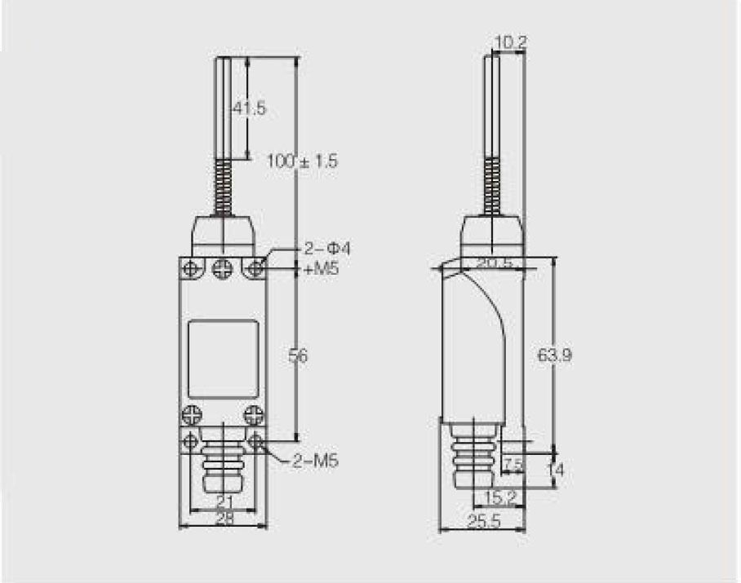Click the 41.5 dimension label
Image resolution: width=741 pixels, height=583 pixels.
click(x=250, y=108)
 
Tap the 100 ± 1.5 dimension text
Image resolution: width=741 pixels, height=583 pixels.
click(x=303, y=161)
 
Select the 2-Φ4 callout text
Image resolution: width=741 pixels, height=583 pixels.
click(x=326, y=249)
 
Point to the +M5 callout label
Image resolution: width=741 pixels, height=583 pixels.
click(x=321, y=269)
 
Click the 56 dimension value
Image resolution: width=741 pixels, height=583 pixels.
click(x=298, y=356)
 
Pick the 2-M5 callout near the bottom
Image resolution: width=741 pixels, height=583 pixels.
click(x=315, y=460)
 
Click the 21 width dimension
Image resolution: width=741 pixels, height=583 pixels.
click(x=224, y=501)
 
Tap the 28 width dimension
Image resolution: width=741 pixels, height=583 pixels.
click(x=224, y=519)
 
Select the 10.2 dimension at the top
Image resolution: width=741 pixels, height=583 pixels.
click(x=510, y=42)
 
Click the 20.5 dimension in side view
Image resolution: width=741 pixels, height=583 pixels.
click(x=495, y=263)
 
